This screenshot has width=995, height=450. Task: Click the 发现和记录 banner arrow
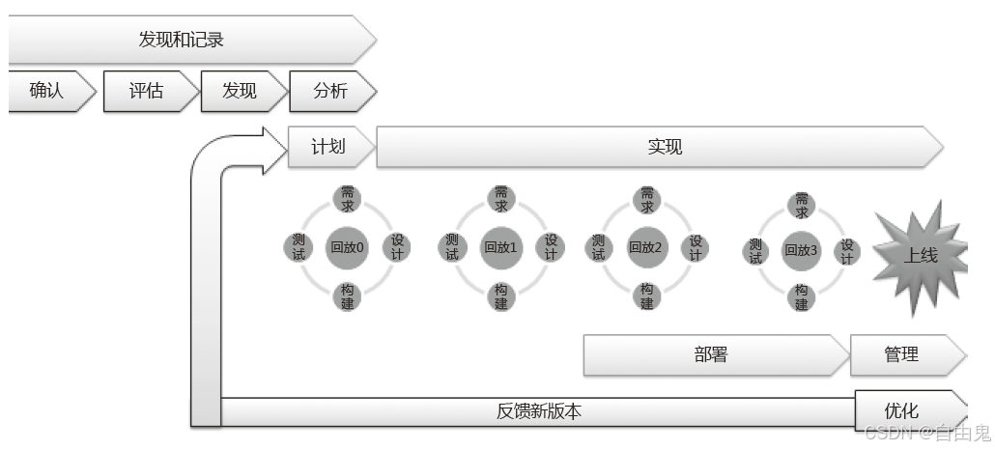[x=188, y=41]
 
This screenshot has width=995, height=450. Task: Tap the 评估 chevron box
[x=147, y=92]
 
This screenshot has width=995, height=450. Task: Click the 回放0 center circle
[x=348, y=247]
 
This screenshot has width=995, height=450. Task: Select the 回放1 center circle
[x=501, y=247]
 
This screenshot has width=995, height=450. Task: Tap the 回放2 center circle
[x=646, y=247]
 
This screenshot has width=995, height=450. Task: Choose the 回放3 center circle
[x=802, y=250]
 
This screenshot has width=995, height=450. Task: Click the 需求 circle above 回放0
[x=348, y=199]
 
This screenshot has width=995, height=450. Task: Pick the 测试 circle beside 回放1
[x=452, y=248]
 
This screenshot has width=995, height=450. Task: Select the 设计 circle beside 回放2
[x=695, y=247]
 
